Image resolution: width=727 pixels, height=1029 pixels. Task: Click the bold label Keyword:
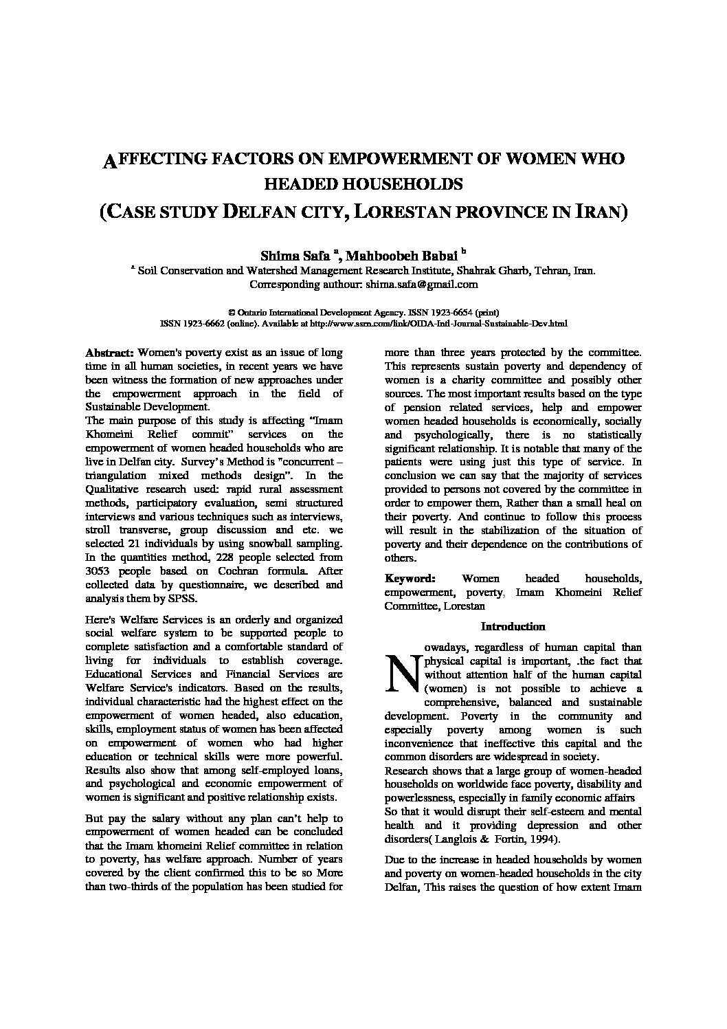coord(410,579)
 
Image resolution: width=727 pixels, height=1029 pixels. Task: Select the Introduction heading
coord(513,626)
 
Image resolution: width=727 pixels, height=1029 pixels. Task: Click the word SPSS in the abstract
coord(185,599)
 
